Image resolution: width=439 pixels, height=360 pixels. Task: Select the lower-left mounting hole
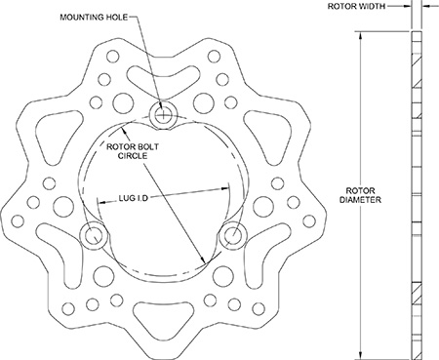95,235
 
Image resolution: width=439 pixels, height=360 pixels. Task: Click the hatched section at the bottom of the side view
419,294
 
